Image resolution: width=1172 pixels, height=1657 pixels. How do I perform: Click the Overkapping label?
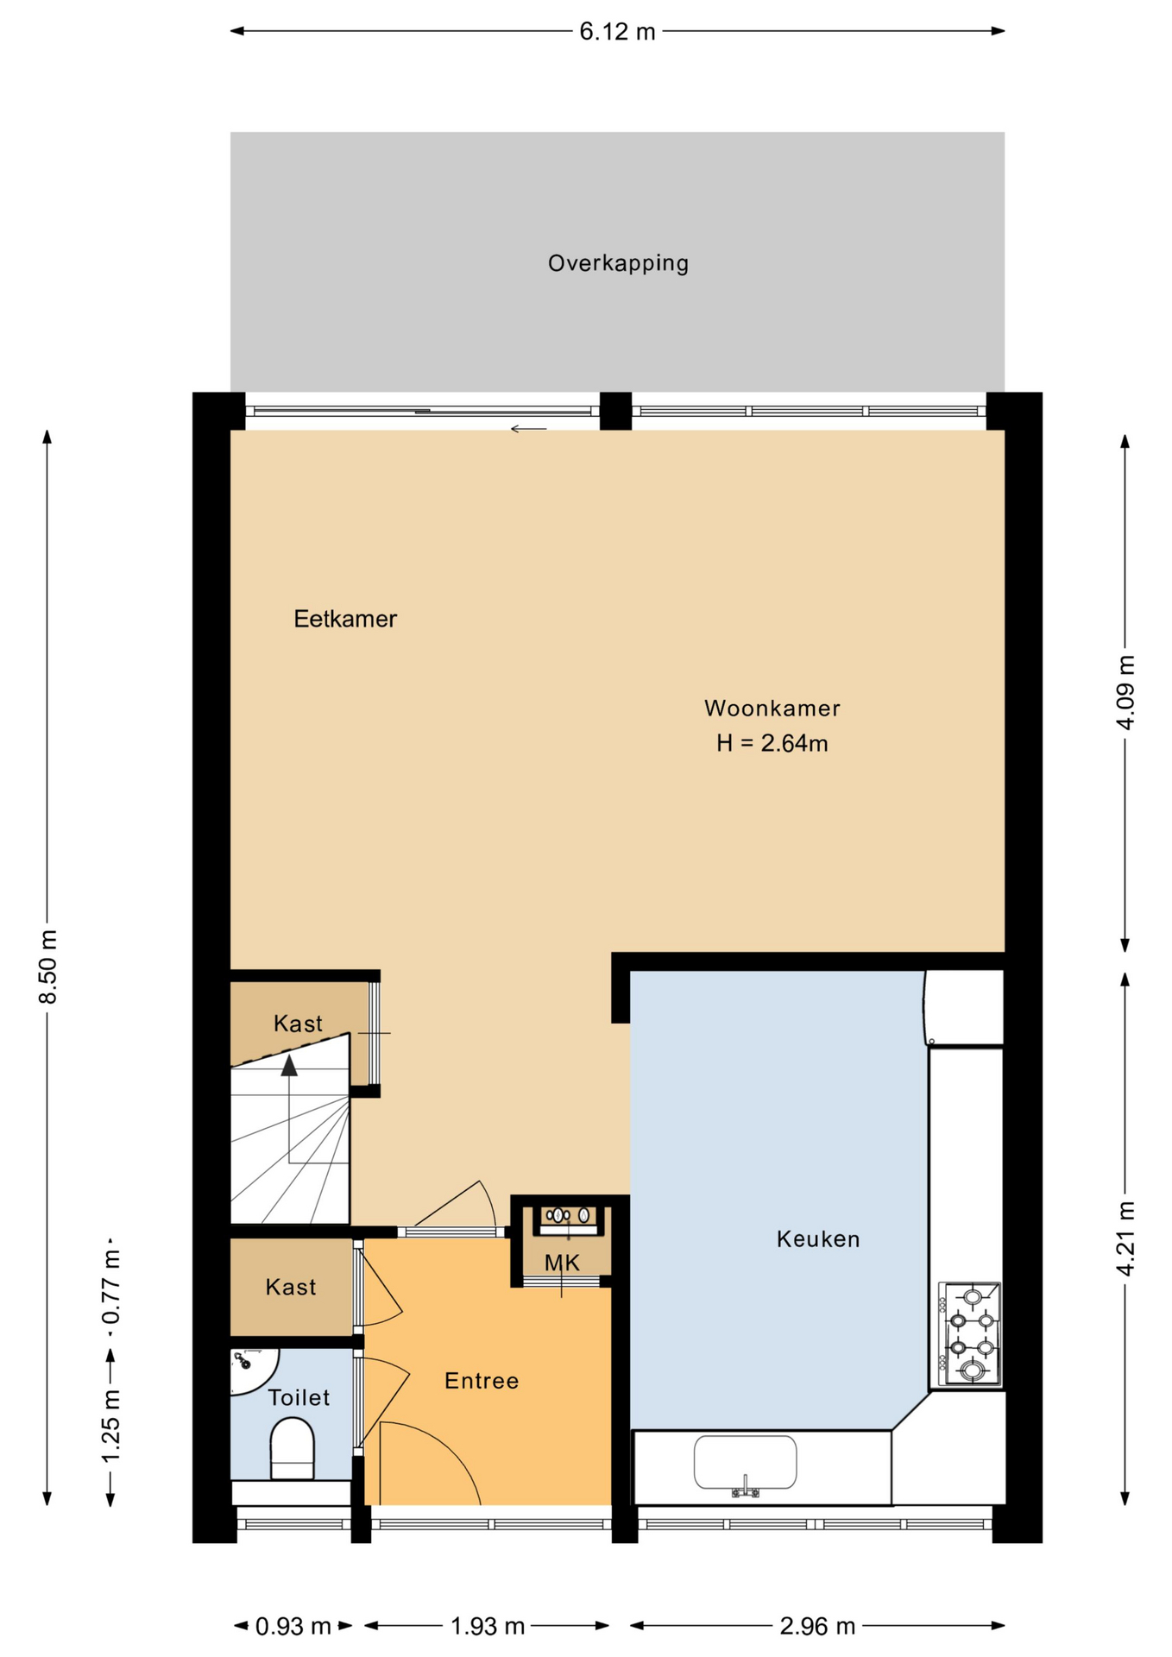pos(618,263)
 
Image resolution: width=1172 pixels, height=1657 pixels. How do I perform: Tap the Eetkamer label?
pos(345,619)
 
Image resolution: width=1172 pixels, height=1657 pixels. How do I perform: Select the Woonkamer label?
pos(772,709)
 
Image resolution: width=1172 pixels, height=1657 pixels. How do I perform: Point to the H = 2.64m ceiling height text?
pos(772,743)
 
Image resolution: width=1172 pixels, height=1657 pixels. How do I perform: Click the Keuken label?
pos(818,1239)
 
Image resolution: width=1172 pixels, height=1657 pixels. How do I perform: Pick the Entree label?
pos(482,1381)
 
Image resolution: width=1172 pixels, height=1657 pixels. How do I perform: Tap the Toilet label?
pos(299,1397)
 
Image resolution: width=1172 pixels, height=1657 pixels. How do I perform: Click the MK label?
pos(562,1263)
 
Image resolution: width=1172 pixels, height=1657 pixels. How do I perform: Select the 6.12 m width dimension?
pos(618,32)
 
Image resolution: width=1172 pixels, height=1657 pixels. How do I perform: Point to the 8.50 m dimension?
pos(48,967)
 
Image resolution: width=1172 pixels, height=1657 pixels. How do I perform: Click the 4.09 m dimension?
pos(1125,693)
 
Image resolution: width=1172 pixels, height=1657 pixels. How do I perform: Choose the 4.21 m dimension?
pos(1125,1238)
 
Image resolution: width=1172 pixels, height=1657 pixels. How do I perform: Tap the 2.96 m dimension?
pos(817,1627)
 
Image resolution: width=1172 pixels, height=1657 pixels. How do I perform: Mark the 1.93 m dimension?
pos(488,1627)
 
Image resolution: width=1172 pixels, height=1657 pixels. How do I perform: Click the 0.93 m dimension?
pos(293,1627)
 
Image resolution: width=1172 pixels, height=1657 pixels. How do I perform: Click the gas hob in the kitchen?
pos(970,1334)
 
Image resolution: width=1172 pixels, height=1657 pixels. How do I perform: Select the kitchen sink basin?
pos(746,1462)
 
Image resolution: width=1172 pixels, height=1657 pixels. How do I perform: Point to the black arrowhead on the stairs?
pos(289,1066)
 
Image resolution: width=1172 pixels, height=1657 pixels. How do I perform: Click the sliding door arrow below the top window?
pos(528,429)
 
